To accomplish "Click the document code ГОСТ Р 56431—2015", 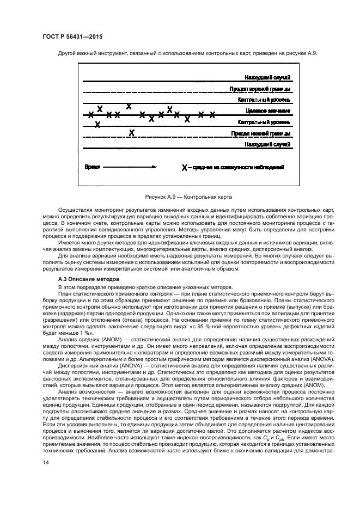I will (x=72, y=36).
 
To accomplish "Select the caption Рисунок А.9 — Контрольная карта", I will (x=180, y=195).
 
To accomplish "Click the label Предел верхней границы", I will (x=260, y=89).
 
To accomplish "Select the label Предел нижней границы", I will (x=260, y=133).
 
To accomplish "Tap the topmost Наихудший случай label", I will (x=267, y=77).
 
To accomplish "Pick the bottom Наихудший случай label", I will (x=267, y=144).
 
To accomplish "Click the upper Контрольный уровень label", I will (x=264, y=100).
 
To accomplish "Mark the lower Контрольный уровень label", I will (x=264, y=122).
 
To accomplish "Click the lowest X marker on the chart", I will (x=131, y=132).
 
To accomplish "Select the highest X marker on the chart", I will (x=129, y=106).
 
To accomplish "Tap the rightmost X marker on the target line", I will (x=213, y=114).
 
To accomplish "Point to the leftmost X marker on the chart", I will (x=91, y=115).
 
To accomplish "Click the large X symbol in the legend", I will (x=185, y=168).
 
